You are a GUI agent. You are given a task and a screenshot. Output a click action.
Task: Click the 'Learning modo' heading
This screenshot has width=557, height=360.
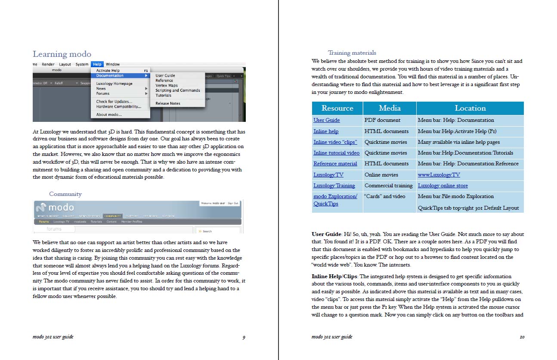click(x=62, y=54)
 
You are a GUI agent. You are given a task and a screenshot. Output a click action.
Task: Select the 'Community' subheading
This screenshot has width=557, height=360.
click(x=65, y=194)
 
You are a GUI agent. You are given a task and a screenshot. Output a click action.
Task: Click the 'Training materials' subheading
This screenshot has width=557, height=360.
click(x=352, y=53)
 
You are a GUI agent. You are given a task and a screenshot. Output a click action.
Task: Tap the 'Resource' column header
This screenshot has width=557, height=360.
click(x=337, y=108)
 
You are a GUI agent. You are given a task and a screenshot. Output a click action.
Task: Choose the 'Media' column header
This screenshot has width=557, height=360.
click(x=390, y=108)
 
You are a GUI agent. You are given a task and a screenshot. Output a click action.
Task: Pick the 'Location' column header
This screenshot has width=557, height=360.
click(x=470, y=108)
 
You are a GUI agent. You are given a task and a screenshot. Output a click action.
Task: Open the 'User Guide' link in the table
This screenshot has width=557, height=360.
click(x=327, y=120)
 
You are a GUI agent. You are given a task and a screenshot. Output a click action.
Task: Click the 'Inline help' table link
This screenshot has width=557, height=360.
click(x=326, y=131)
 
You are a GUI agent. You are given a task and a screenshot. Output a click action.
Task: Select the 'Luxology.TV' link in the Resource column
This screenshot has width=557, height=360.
click(x=328, y=175)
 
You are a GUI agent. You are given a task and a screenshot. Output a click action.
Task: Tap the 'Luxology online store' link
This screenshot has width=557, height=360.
click(x=443, y=186)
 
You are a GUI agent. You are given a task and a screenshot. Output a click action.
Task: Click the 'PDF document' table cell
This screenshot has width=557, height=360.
click(x=382, y=120)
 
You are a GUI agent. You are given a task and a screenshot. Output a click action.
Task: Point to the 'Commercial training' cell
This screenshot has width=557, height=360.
click(x=388, y=186)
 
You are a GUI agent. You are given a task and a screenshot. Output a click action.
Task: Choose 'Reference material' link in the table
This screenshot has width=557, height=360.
click(x=335, y=164)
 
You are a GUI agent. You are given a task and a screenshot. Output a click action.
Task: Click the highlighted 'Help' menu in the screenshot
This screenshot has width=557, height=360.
click(x=97, y=64)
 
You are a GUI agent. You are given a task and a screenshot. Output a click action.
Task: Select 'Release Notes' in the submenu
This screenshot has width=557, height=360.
click(x=168, y=103)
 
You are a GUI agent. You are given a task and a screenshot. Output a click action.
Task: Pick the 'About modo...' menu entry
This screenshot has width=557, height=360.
click(x=109, y=115)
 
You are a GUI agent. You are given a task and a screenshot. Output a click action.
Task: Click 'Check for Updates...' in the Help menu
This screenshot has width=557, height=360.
click(x=114, y=102)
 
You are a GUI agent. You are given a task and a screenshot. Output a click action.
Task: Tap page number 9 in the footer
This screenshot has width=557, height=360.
click(x=244, y=337)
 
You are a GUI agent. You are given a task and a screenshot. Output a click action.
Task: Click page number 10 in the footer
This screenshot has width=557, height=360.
click(x=522, y=337)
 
